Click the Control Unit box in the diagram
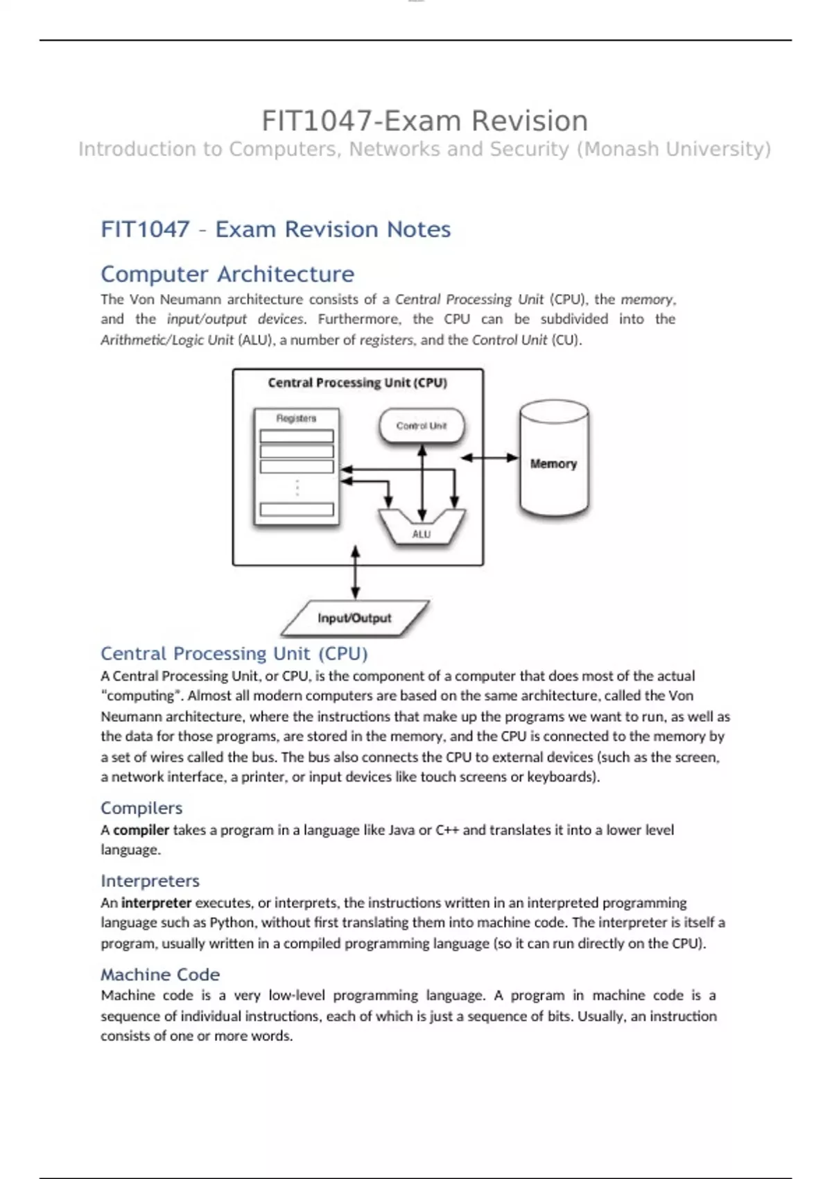(x=422, y=426)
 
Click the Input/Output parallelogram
(x=354, y=618)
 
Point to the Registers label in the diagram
(x=296, y=418)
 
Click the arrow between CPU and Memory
(x=489, y=458)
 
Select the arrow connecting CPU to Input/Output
(x=355, y=572)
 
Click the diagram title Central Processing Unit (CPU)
(x=357, y=383)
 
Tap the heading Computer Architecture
(x=227, y=274)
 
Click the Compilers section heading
(x=141, y=808)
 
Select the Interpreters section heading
(x=150, y=881)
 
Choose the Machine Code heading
(x=160, y=974)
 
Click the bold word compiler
(x=141, y=830)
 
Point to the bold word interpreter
(x=156, y=903)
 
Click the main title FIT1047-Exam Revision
(x=424, y=121)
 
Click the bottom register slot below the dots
(x=297, y=510)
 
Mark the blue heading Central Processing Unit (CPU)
(x=234, y=653)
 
